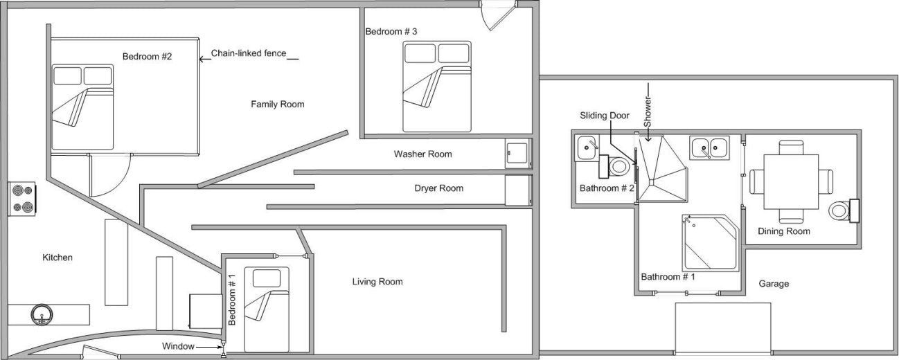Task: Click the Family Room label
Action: (x=277, y=105)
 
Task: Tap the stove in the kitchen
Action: (x=22, y=199)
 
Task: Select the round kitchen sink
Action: (x=42, y=314)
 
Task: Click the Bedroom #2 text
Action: (x=147, y=57)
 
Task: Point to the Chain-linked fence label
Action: (x=249, y=53)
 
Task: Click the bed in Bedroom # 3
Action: (x=436, y=87)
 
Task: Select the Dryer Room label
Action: (x=438, y=188)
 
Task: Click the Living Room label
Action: (x=377, y=282)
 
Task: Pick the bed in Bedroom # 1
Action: (x=267, y=309)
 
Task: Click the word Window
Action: (x=178, y=346)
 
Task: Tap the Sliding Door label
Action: (x=605, y=116)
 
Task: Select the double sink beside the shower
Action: (x=709, y=147)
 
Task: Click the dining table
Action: (x=791, y=182)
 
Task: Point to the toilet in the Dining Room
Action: (x=844, y=210)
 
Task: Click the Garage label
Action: (x=774, y=284)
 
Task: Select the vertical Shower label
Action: (x=648, y=111)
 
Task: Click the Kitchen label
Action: (x=57, y=258)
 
